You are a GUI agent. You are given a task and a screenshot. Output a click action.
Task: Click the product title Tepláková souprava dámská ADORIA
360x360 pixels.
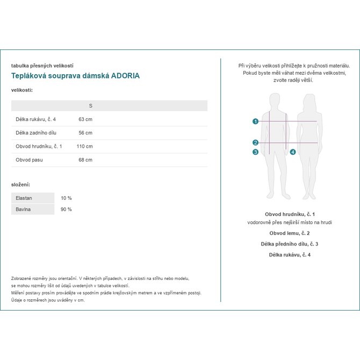(x=75, y=76)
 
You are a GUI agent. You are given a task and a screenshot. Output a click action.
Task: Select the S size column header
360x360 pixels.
(x=90, y=106)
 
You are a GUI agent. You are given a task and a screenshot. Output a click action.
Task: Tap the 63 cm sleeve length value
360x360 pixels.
(x=85, y=119)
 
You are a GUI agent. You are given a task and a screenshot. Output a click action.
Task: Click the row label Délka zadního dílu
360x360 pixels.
(x=37, y=133)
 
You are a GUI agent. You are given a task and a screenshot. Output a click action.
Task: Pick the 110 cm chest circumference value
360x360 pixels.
(x=84, y=146)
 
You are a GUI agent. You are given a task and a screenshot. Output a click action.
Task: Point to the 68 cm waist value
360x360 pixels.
(x=85, y=160)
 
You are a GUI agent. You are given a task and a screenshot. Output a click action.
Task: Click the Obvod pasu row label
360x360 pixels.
(x=30, y=160)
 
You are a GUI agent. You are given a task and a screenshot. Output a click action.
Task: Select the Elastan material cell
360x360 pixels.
(x=25, y=198)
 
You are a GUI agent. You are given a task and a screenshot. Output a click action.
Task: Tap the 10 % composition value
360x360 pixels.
(x=66, y=198)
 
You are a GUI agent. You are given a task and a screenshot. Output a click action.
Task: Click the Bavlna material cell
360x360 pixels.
(x=23, y=209)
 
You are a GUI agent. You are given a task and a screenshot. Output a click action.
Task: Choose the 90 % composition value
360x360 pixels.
(x=66, y=209)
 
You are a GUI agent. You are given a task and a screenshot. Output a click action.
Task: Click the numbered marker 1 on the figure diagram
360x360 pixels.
(x=255, y=121)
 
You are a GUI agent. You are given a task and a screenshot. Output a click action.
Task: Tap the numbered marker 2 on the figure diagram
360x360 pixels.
(x=255, y=142)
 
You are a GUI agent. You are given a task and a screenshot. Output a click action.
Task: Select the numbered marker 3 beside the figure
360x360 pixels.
(x=255, y=152)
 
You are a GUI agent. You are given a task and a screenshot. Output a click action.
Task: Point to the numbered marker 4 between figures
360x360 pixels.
(x=292, y=152)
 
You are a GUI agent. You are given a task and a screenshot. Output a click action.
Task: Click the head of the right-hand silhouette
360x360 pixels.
(x=309, y=100)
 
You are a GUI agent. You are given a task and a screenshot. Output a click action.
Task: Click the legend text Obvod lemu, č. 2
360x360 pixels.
(x=290, y=233)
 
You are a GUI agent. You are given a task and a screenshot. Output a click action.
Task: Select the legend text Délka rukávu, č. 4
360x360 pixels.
(x=290, y=254)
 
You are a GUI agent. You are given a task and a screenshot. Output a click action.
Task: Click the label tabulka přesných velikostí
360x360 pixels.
(x=42, y=65)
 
